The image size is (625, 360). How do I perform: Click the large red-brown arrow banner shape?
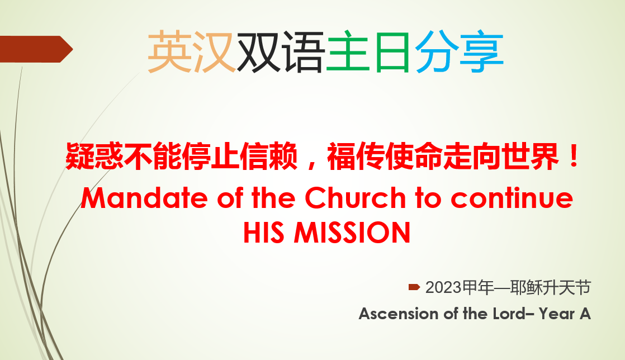[35, 49]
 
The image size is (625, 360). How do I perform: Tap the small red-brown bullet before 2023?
[414, 287]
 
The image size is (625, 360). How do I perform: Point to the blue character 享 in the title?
[481, 52]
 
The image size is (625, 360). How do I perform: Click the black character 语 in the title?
[304, 52]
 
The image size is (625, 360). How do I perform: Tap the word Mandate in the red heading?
[144, 198]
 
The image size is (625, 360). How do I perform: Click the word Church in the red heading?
[355, 198]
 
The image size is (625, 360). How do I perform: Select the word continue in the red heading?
[512, 198]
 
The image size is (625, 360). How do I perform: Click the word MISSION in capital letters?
[352, 233]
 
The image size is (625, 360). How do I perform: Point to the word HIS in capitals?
[264, 233]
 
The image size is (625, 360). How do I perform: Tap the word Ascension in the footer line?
[399, 314]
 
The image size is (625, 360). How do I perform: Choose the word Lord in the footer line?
[509, 314]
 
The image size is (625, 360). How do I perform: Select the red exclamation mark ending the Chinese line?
[574, 156]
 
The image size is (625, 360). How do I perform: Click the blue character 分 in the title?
[437, 52]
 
